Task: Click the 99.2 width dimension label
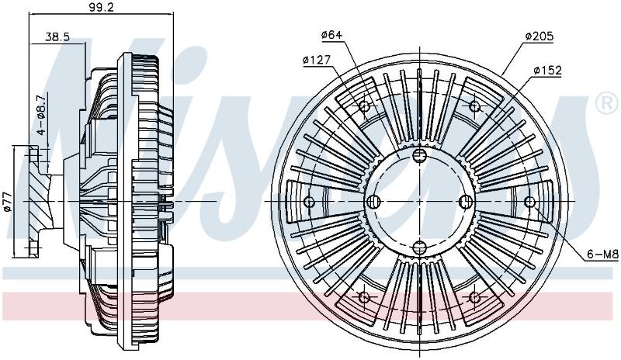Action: click(101, 7)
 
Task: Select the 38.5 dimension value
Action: click(57, 36)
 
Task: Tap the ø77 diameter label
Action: click(8, 202)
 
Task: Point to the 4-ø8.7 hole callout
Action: click(41, 115)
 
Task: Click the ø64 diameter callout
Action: click(331, 35)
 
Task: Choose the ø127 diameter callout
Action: click(316, 61)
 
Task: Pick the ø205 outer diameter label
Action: click(539, 36)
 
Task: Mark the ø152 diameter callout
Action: click(548, 71)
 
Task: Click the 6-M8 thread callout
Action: click(602, 254)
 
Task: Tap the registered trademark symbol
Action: click(607, 104)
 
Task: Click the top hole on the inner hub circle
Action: click(419, 155)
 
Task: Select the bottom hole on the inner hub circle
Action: click(419, 248)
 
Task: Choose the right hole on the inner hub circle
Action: click(466, 202)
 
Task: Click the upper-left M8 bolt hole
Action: click(364, 106)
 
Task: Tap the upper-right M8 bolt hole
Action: click(474, 106)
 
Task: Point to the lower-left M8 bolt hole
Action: click(364, 297)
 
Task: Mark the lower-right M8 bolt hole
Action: click(474, 297)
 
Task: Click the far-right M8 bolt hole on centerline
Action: click(529, 202)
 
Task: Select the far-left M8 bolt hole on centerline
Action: click(309, 202)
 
